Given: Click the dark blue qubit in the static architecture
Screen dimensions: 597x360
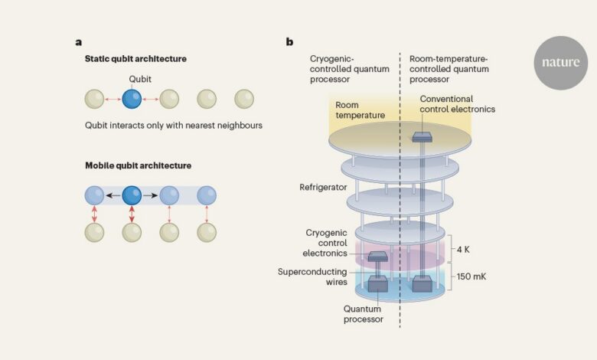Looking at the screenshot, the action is click(x=132, y=99).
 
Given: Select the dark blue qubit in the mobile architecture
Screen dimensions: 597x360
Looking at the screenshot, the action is click(x=132, y=195).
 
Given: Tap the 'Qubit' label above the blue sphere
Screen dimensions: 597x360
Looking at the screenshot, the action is click(x=140, y=79).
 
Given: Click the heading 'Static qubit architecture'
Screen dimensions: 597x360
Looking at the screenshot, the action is click(x=135, y=59).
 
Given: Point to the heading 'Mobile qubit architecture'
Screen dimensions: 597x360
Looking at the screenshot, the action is click(x=138, y=165).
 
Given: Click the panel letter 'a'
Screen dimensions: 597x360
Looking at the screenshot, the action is click(x=78, y=42).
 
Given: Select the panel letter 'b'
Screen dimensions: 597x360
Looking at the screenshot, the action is click(x=289, y=41).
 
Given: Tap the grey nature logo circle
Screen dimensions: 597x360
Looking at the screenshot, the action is click(x=561, y=63).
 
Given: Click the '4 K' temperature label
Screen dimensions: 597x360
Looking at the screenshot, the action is click(x=463, y=250).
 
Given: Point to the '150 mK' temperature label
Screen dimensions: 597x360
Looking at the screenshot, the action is click(x=471, y=277).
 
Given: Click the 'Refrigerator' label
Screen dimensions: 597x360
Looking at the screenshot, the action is click(x=323, y=187).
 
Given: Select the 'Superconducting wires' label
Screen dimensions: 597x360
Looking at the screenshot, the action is click(x=312, y=277).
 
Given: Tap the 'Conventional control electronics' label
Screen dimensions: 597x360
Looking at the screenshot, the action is click(x=457, y=104).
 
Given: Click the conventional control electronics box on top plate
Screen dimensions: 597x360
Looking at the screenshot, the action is click(x=422, y=137).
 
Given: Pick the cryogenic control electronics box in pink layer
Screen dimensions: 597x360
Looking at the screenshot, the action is click(x=377, y=257).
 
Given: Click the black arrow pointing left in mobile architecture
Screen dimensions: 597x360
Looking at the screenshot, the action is click(x=113, y=195).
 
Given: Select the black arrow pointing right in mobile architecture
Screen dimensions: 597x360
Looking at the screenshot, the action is click(x=151, y=195).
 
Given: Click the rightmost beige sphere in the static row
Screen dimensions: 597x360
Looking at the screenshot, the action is click(x=244, y=99).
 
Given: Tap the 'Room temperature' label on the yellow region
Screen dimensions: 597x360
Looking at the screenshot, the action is click(x=360, y=110).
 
